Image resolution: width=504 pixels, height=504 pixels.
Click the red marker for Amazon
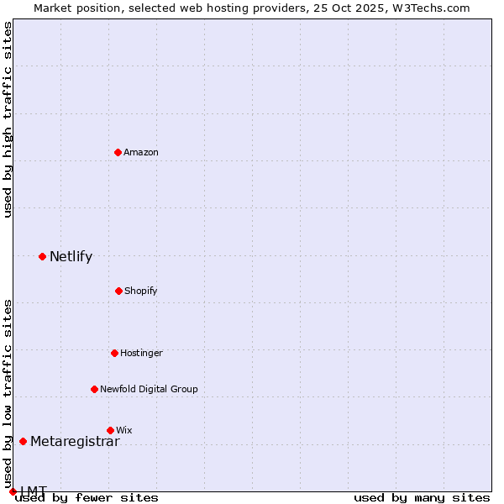pyautogui.click(x=118, y=152)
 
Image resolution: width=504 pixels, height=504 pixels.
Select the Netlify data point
pyautogui.click(x=42, y=256)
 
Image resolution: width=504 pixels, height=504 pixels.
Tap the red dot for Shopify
pyautogui.click(x=118, y=291)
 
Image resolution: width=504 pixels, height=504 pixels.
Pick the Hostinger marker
pyautogui.click(x=114, y=353)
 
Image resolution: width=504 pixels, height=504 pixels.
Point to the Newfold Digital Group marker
pyautogui.click(x=94, y=389)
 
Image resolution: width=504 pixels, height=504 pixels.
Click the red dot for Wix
pyautogui.click(x=110, y=430)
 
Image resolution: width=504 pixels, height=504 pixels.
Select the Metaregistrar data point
pyautogui.click(x=23, y=441)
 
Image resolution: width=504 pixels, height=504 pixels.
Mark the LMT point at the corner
pyautogui.click(x=13, y=491)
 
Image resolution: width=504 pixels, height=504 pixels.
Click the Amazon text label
pyautogui.click(x=141, y=152)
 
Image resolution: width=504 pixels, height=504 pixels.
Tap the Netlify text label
pyautogui.click(x=71, y=257)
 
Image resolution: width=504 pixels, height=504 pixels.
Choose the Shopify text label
pyautogui.click(x=141, y=291)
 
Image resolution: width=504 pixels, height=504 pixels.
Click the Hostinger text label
pyautogui.click(x=141, y=353)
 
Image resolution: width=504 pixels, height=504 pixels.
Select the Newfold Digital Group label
pyautogui.click(x=149, y=389)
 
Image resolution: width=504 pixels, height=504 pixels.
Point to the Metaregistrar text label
pyautogui.click(x=75, y=442)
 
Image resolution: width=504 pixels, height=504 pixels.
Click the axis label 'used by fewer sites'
pyautogui.click(x=87, y=498)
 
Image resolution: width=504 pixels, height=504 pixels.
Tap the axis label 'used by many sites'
pyautogui.click(x=422, y=498)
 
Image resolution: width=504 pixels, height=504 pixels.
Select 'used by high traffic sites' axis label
pyautogui.click(x=8, y=119)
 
